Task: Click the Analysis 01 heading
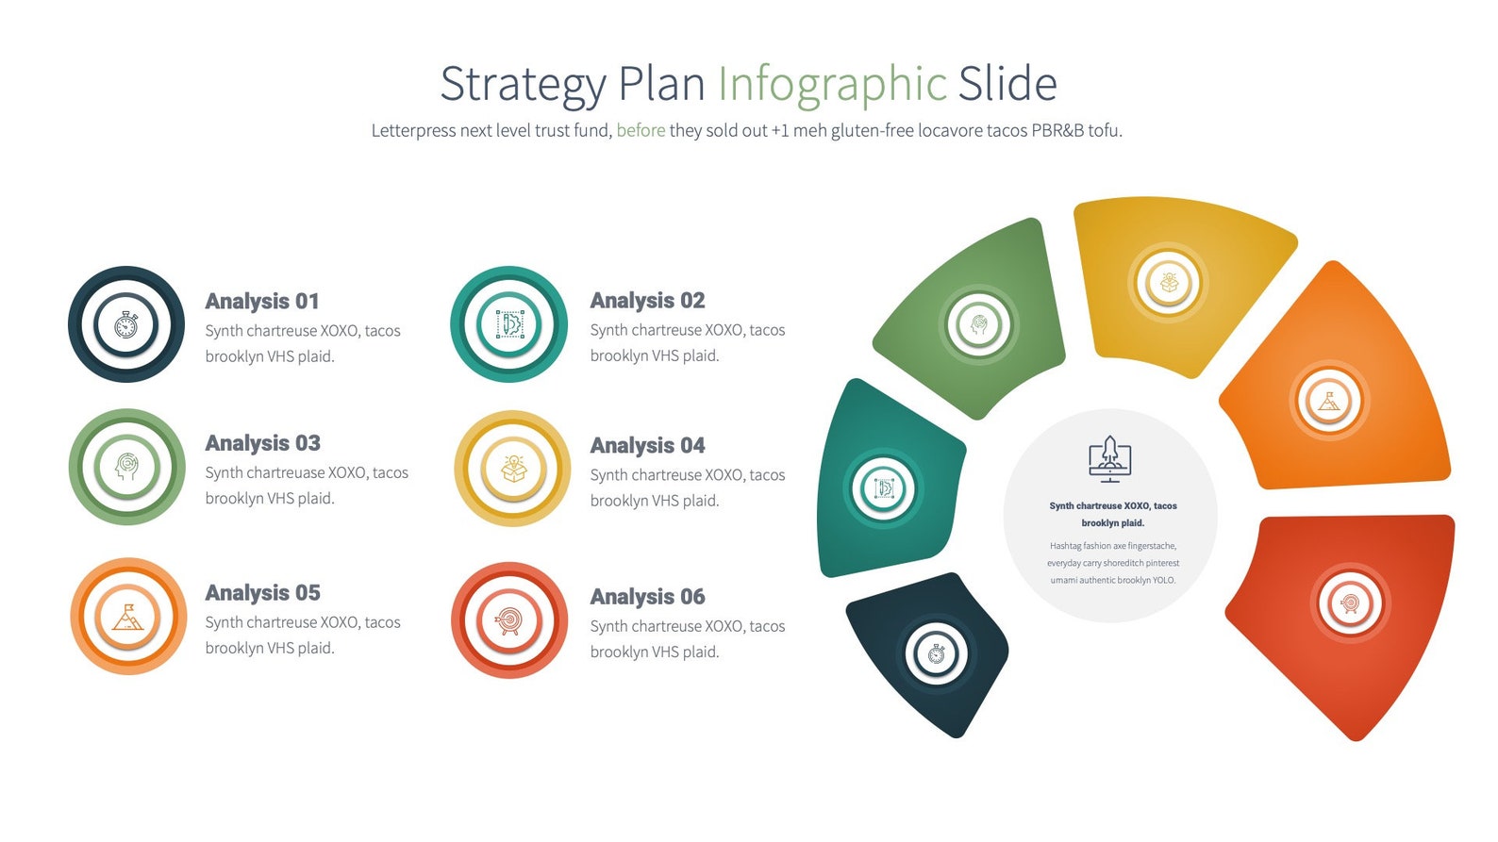[262, 302]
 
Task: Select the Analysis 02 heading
[647, 301]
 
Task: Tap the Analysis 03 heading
[262, 443]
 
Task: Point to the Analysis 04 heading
[647, 445]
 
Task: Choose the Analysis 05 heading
[262, 593]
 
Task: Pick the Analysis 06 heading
[647, 597]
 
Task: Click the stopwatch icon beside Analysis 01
[126, 325]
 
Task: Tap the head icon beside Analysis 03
[126, 467]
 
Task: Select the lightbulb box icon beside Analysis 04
[512, 469]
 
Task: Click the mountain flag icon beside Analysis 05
[127, 618]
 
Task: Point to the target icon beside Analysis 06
[509, 620]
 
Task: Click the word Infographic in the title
[832, 85]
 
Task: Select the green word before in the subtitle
[641, 131]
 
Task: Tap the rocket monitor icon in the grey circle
[1109, 459]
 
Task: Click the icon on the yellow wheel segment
[1169, 282]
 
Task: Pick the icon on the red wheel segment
[1350, 602]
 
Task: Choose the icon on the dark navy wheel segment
[936, 653]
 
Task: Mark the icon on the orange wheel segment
[1328, 402]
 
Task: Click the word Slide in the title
[1007, 85]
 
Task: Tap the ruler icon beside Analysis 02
[509, 324]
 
